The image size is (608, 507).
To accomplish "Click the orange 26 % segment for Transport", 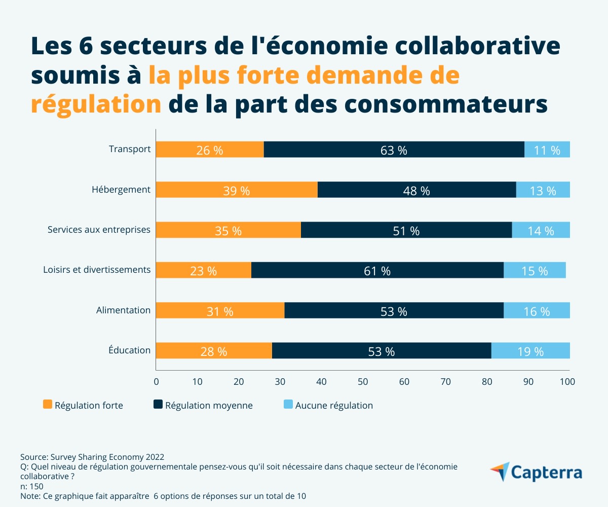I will pyautogui.click(x=210, y=150).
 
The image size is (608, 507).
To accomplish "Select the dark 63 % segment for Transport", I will pyautogui.click(x=394, y=150).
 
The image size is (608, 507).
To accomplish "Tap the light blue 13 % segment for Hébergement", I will pyautogui.click(x=543, y=190).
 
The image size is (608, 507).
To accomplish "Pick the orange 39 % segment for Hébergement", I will pyautogui.click(x=237, y=190).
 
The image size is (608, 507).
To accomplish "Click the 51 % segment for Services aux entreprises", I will pyautogui.click(x=406, y=230).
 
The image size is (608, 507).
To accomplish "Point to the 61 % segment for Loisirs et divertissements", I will pyautogui.click(x=377, y=270).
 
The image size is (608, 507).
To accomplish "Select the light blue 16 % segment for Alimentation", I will pyautogui.click(x=537, y=311).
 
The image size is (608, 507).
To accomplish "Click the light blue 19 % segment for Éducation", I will pyautogui.click(x=530, y=351).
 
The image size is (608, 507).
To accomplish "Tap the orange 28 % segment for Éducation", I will pyautogui.click(x=214, y=351).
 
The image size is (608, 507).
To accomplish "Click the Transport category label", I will pyautogui.click(x=130, y=149).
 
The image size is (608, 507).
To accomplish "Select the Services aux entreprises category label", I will pyautogui.click(x=99, y=230).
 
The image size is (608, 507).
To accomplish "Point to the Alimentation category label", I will pyautogui.click(x=123, y=310).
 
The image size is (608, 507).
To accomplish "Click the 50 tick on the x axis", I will pyautogui.click(x=363, y=381).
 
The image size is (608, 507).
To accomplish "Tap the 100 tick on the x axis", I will pyautogui.click(x=567, y=381).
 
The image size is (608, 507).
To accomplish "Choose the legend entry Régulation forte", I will pyautogui.click(x=83, y=405).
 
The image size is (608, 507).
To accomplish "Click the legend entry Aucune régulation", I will pyautogui.click(x=328, y=405).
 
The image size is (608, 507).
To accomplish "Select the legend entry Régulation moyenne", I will pyautogui.click(x=203, y=405).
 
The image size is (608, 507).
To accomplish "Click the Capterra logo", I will pyautogui.click(x=536, y=473).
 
